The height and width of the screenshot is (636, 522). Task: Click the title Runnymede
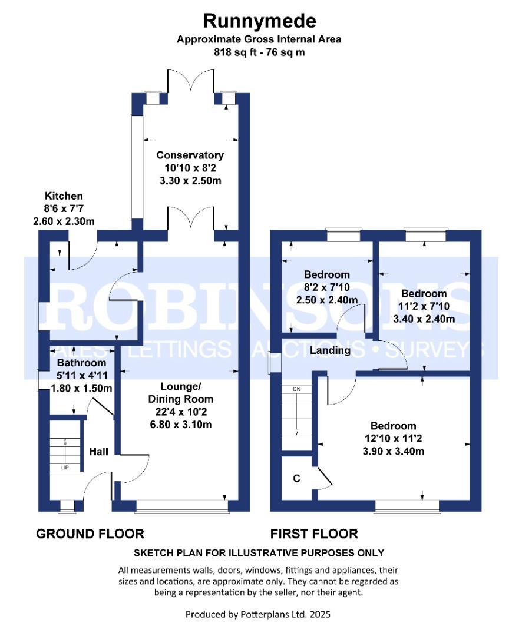point(259,21)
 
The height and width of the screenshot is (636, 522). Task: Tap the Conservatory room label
point(190,155)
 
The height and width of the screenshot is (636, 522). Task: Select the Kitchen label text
point(64,196)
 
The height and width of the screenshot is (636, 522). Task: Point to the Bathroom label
point(82,363)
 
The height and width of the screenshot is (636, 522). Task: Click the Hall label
point(98,452)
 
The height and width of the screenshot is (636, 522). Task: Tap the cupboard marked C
point(297,478)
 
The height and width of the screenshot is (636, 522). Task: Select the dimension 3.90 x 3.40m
point(393,452)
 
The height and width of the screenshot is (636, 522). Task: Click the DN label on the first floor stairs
point(297,389)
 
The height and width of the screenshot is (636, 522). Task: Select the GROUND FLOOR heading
point(90,534)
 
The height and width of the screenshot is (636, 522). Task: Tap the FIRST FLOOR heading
point(314,534)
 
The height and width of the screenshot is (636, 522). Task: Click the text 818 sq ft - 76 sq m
point(259,52)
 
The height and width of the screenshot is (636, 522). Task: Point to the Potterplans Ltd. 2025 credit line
point(258,614)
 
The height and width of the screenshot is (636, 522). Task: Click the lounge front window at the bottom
point(181,505)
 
